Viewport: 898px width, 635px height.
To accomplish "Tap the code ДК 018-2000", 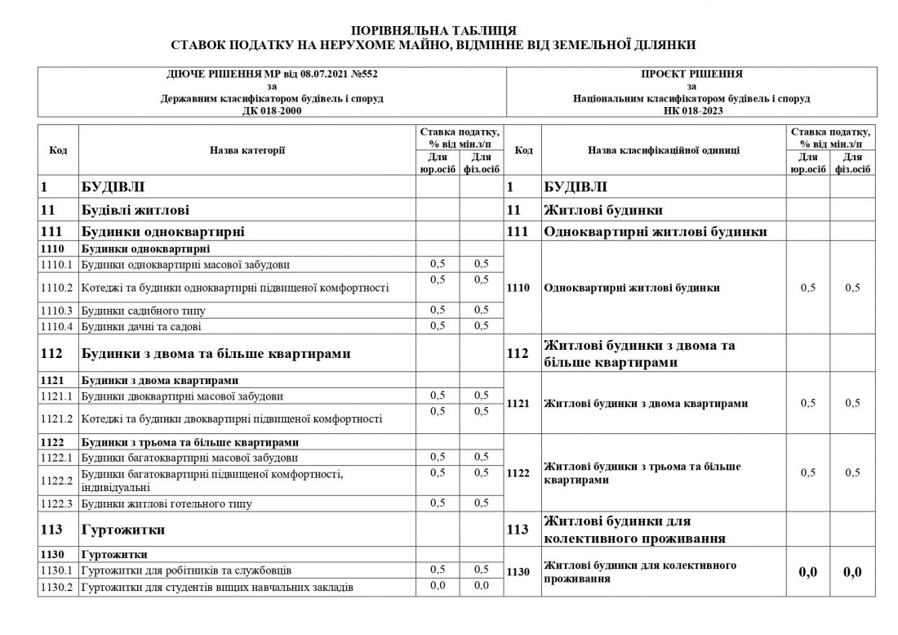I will coord(272,110).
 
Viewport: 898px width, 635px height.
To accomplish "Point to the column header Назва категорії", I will coord(247,150).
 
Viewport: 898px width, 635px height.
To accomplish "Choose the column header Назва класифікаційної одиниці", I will coord(663,150).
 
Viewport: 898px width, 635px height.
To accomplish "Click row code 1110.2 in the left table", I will coord(56,288).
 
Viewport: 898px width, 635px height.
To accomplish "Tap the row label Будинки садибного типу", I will coord(143,311).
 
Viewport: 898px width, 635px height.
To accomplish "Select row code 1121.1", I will coord(56,397).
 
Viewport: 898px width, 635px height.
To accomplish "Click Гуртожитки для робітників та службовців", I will coord(187,570).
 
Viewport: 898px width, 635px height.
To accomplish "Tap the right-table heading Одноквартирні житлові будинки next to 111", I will coord(656,232).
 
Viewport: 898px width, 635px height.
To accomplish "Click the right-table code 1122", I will coord(519,472).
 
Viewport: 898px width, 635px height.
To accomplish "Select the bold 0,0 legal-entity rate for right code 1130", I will coord(807,572).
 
